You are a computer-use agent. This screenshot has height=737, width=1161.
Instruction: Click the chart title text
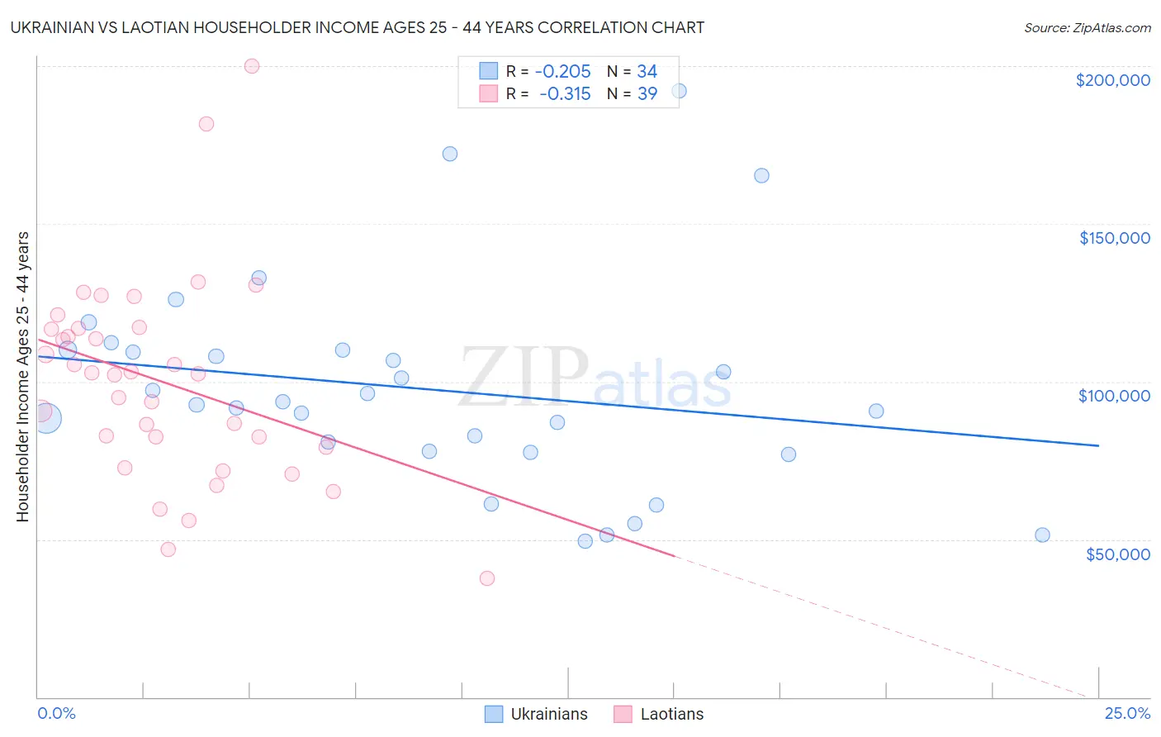point(357,27)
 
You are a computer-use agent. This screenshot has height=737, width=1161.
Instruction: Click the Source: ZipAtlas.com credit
point(1087,27)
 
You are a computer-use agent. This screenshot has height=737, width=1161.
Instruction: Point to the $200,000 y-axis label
point(1112,80)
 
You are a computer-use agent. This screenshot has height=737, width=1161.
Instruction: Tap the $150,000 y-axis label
point(1114,238)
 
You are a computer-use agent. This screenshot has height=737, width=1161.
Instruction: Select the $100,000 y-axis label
point(1114,396)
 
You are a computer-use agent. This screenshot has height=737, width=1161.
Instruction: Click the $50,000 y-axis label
point(1117,554)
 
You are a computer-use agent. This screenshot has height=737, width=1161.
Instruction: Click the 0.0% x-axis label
point(56,713)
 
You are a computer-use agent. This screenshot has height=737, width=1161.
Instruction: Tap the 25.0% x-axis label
point(1127,713)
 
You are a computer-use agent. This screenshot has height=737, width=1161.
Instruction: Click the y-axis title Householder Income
point(22,377)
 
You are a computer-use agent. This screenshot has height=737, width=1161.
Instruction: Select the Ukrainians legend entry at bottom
point(536,714)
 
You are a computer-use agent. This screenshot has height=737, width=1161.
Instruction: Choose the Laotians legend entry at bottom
point(659,714)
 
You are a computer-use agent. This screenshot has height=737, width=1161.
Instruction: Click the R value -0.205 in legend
point(562,72)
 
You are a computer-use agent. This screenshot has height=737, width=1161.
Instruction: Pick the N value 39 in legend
point(647,94)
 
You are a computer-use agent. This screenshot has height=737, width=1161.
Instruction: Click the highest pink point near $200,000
point(252,66)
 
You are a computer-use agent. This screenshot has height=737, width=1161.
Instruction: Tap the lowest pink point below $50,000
point(487,578)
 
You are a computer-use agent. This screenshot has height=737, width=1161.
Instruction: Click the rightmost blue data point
point(1042,535)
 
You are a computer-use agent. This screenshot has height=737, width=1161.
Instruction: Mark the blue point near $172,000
point(450,154)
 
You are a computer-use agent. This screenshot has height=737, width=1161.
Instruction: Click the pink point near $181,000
point(206,124)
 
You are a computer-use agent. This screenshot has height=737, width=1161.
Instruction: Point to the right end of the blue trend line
point(1098,445)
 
